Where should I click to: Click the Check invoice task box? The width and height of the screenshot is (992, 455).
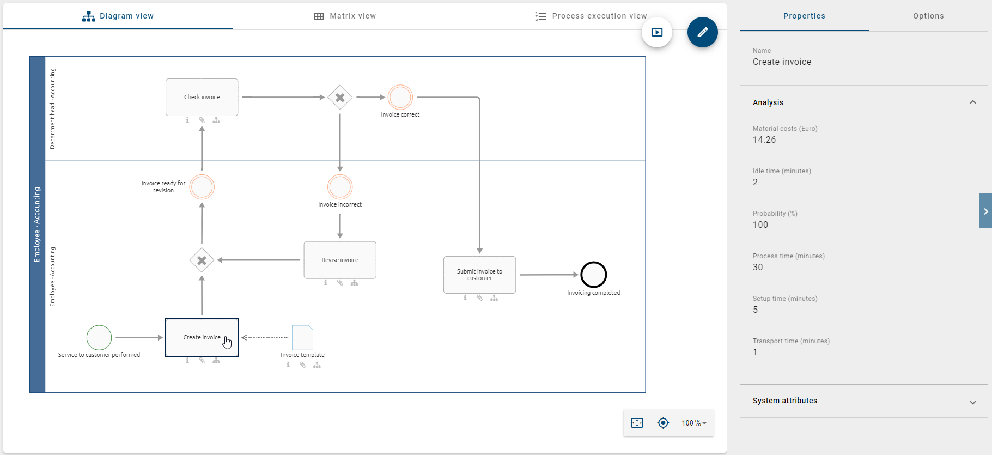pyautogui.click(x=202, y=97)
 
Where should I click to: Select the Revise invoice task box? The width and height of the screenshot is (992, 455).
pyautogui.click(x=340, y=260)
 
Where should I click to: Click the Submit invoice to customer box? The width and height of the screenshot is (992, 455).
pyautogui.click(x=479, y=275)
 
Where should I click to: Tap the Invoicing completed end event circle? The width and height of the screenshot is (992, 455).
pyautogui.click(x=593, y=275)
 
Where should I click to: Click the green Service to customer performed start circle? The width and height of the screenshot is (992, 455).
pyautogui.click(x=99, y=338)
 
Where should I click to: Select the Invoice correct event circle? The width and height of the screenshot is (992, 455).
pyautogui.click(x=400, y=98)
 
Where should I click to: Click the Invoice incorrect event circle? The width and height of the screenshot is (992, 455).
pyautogui.click(x=340, y=187)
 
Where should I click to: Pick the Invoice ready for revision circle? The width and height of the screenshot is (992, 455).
pyautogui.click(x=202, y=187)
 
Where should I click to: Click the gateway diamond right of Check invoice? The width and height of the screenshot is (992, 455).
pyautogui.click(x=340, y=98)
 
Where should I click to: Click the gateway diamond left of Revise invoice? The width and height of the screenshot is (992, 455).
pyautogui.click(x=202, y=260)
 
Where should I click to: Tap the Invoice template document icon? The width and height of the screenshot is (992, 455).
pyautogui.click(x=302, y=338)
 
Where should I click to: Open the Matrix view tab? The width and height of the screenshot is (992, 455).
pyautogui.click(x=345, y=16)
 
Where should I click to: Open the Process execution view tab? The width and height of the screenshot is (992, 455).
pyautogui.click(x=592, y=16)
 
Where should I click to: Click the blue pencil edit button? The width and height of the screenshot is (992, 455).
pyautogui.click(x=702, y=32)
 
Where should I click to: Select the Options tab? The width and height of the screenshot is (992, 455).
pyautogui.click(x=928, y=16)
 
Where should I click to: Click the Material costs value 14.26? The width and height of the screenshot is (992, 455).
pyautogui.click(x=764, y=139)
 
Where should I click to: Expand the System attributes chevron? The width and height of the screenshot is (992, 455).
pyautogui.click(x=972, y=402)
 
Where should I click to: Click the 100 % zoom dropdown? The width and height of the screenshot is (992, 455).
pyautogui.click(x=694, y=423)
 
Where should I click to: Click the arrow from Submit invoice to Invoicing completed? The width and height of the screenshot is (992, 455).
pyautogui.click(x=547, y=275)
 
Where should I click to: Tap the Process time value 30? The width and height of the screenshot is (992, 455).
pyautogui.click(x=758, y=267)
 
